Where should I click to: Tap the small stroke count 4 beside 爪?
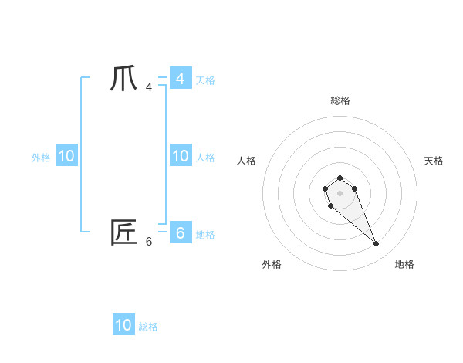(x=149, y=87)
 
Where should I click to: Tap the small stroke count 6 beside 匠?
(x=149, y=241)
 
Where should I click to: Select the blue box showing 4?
(x=180, y=79)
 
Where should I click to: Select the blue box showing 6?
(x=180, y=232)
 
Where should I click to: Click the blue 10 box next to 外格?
(x=66, y=156)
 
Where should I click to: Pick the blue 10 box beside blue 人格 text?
(x=180, y=156)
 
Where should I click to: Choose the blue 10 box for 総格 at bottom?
(x=123, y=325)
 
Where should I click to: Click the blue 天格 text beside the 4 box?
(x=205, y=80)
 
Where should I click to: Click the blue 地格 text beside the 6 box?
(x=205, y=235)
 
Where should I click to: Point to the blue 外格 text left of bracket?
(x=41, y=158)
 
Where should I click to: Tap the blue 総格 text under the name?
(x=148, y=327)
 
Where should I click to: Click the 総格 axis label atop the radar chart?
(x=340, y=100)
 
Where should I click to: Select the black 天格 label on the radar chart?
(x=434, y=161)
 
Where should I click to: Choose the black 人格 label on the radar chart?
(x=247, y=161)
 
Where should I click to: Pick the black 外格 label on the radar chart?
(x=272, y=264)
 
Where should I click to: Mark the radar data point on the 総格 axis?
(x=340, y=178)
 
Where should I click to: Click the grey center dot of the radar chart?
(x=340, y=192)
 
